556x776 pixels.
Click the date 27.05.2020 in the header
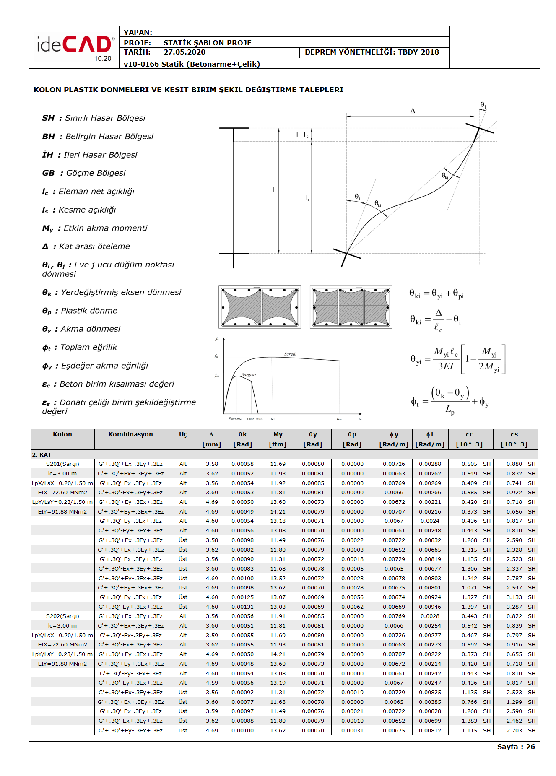click(x=184, y=52)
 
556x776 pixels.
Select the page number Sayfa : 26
click(x=516, y=747)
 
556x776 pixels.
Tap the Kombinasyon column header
click(x=130, y=434)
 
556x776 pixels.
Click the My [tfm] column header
click(x=278, y=439)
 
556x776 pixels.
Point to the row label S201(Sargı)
click(x=62, y=464)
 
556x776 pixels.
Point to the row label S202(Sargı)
click(x=62, y=616)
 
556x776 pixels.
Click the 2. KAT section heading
click(x=42, y=454)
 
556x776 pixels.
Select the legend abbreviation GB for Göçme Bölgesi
click(x=48, y=173)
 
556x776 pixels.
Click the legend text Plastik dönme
click(x=89, y=311)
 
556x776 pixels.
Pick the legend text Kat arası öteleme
click(x=94, y=247)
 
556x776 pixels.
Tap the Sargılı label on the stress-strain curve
click(x=290, y=354)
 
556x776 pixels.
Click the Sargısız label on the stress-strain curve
click(x=249, y=375)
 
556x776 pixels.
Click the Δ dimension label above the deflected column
click(x=413, y=111)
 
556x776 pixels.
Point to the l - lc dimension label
click(x=302, y=135)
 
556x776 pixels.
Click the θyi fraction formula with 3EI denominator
click(x=458, y=359)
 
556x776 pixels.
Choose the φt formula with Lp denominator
click(x=449, y=402)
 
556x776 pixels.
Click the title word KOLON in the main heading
click(x=47, y=90)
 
